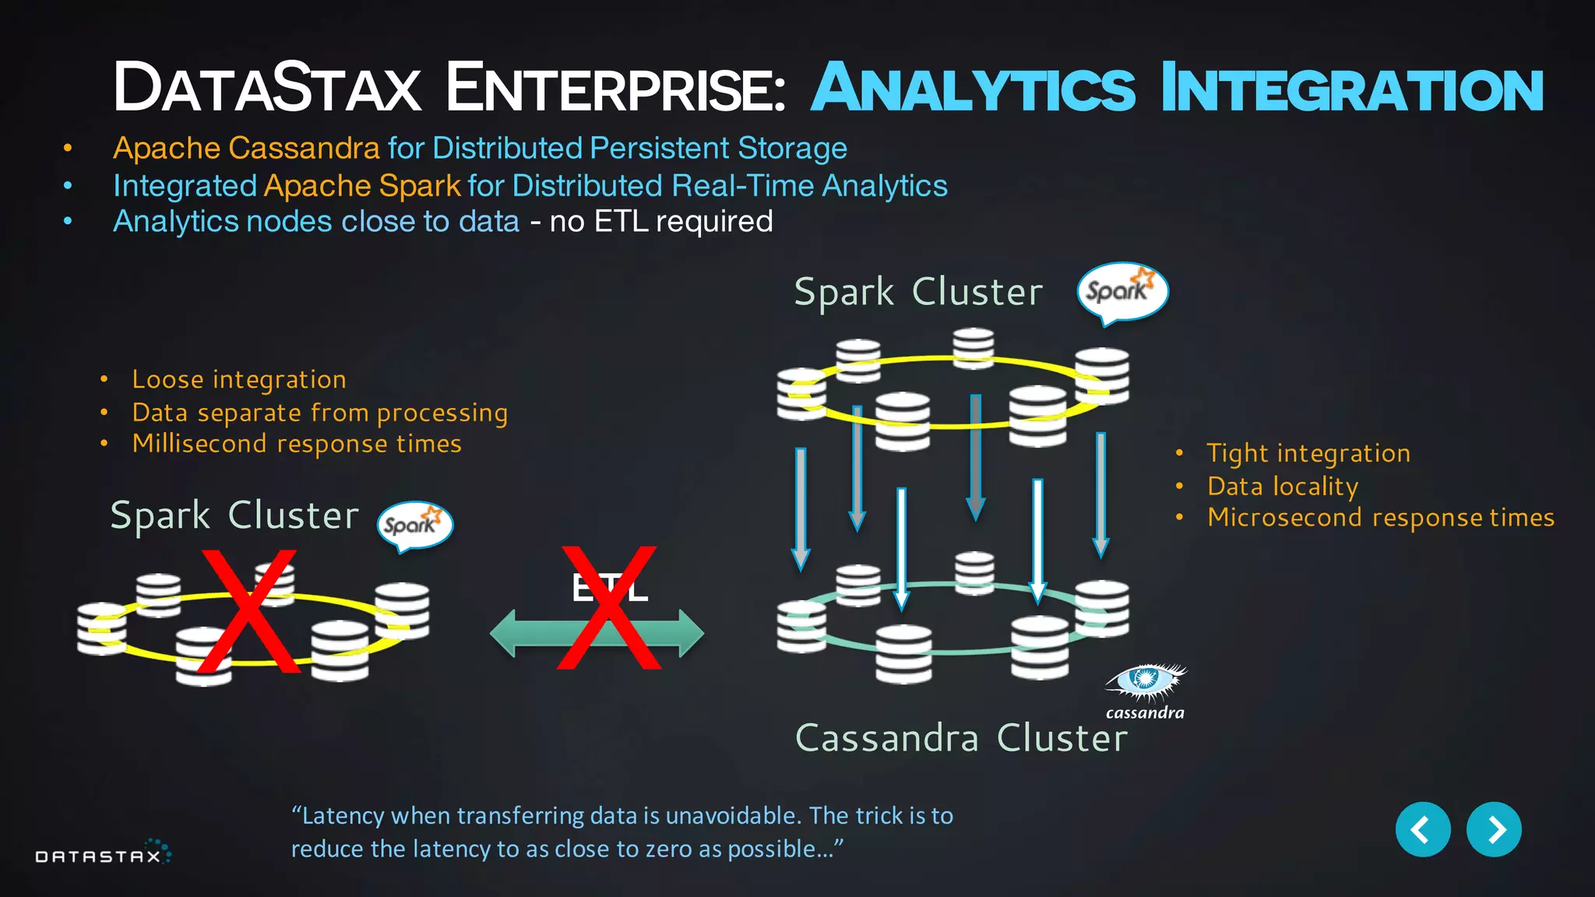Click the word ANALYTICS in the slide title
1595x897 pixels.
point(974,89)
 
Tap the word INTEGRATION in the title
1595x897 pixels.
point(1351,89)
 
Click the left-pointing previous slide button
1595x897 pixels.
point(1422,829)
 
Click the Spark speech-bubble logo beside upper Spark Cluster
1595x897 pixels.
point(1121,292)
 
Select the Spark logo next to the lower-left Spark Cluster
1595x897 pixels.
point(414,525)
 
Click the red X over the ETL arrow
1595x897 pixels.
point(609,608)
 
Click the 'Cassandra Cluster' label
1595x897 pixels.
point(961,737)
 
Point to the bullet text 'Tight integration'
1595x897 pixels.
point(1308,453)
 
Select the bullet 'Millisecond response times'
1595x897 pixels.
point(297,444)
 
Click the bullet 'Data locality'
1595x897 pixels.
point(1283,486)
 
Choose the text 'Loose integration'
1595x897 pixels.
point(239,379)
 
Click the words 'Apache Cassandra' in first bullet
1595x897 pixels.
point(246,148)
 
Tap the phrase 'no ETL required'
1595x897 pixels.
point(660,222)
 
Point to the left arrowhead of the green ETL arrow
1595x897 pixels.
point(503,633)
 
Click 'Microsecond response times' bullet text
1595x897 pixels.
point(1380,518)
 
